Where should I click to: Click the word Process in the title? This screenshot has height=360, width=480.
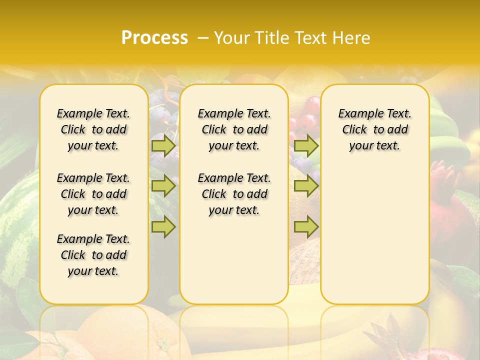154,38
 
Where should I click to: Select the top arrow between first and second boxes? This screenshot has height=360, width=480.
163,146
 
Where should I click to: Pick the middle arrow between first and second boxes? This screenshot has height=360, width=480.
163,186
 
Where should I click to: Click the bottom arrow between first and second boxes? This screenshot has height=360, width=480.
163,227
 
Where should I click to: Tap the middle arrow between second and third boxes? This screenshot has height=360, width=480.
306,186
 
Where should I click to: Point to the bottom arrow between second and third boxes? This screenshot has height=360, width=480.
306,227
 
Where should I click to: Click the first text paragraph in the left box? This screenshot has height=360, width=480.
93,129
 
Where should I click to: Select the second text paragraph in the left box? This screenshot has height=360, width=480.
93,194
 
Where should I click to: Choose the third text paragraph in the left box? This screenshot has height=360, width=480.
93,255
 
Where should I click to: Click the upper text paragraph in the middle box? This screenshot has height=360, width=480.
234,129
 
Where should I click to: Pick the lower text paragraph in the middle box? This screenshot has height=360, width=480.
234,194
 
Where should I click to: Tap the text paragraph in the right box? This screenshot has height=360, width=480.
374,129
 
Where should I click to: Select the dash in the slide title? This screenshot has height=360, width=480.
203,38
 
